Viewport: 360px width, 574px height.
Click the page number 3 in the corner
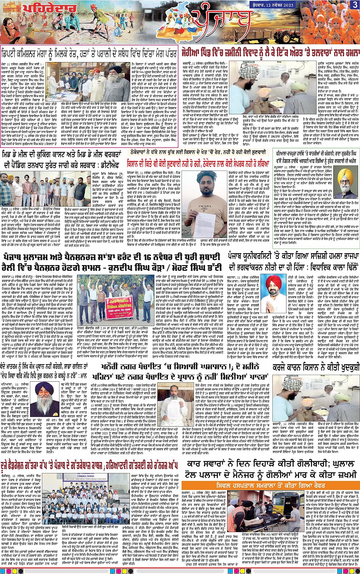354,4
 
